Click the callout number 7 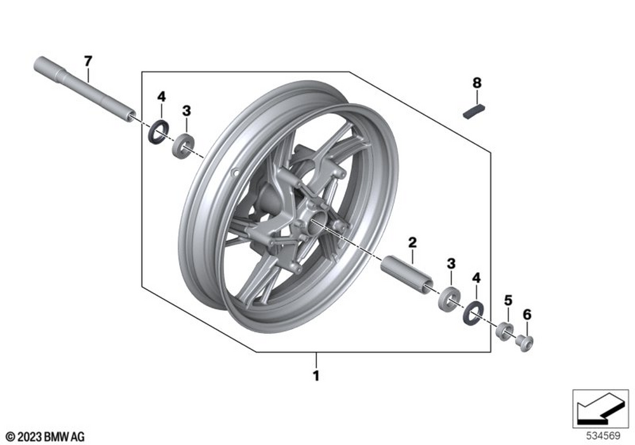click(x=88, y=61)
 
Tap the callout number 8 click(x=477, y=83)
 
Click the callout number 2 click(x=412, y=242)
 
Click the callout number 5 click(x=508, y=299)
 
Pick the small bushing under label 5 click(x=505, y=331)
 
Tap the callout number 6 click(x=527, y=314)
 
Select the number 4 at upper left click(x=161, y=97)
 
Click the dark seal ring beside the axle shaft click(x=158, y=132)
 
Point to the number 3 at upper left click(x=186, y=111)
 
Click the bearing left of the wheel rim click(x=184, y=146)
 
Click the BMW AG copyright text click(x=45, y=437)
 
